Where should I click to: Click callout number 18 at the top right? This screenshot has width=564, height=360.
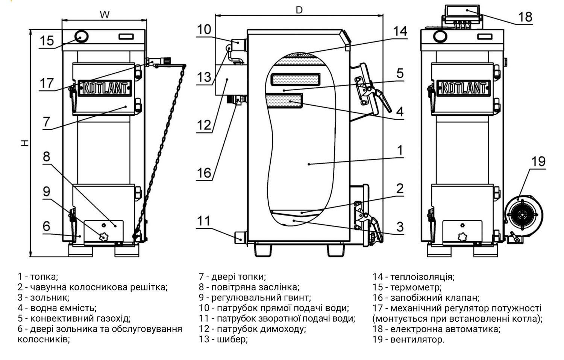tap(525, 17)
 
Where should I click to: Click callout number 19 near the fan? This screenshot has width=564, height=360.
tap(538, 161)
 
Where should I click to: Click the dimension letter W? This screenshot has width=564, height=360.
tap(105, 15)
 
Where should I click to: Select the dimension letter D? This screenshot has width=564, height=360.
tap(299, 10)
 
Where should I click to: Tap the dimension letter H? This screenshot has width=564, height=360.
tap(24, 143)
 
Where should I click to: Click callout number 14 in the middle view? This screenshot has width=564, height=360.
tap(400, 31)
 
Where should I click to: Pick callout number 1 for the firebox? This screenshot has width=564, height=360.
tap(400, 150)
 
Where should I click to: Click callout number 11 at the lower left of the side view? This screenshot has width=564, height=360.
tap(204, 221)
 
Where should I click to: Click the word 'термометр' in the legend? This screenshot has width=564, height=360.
tap(415, 288)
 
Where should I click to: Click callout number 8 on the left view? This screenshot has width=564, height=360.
tap(46, 156)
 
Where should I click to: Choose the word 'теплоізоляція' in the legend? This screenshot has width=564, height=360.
tap(422, 277)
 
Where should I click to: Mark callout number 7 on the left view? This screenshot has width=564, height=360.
tap(46, 122)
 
